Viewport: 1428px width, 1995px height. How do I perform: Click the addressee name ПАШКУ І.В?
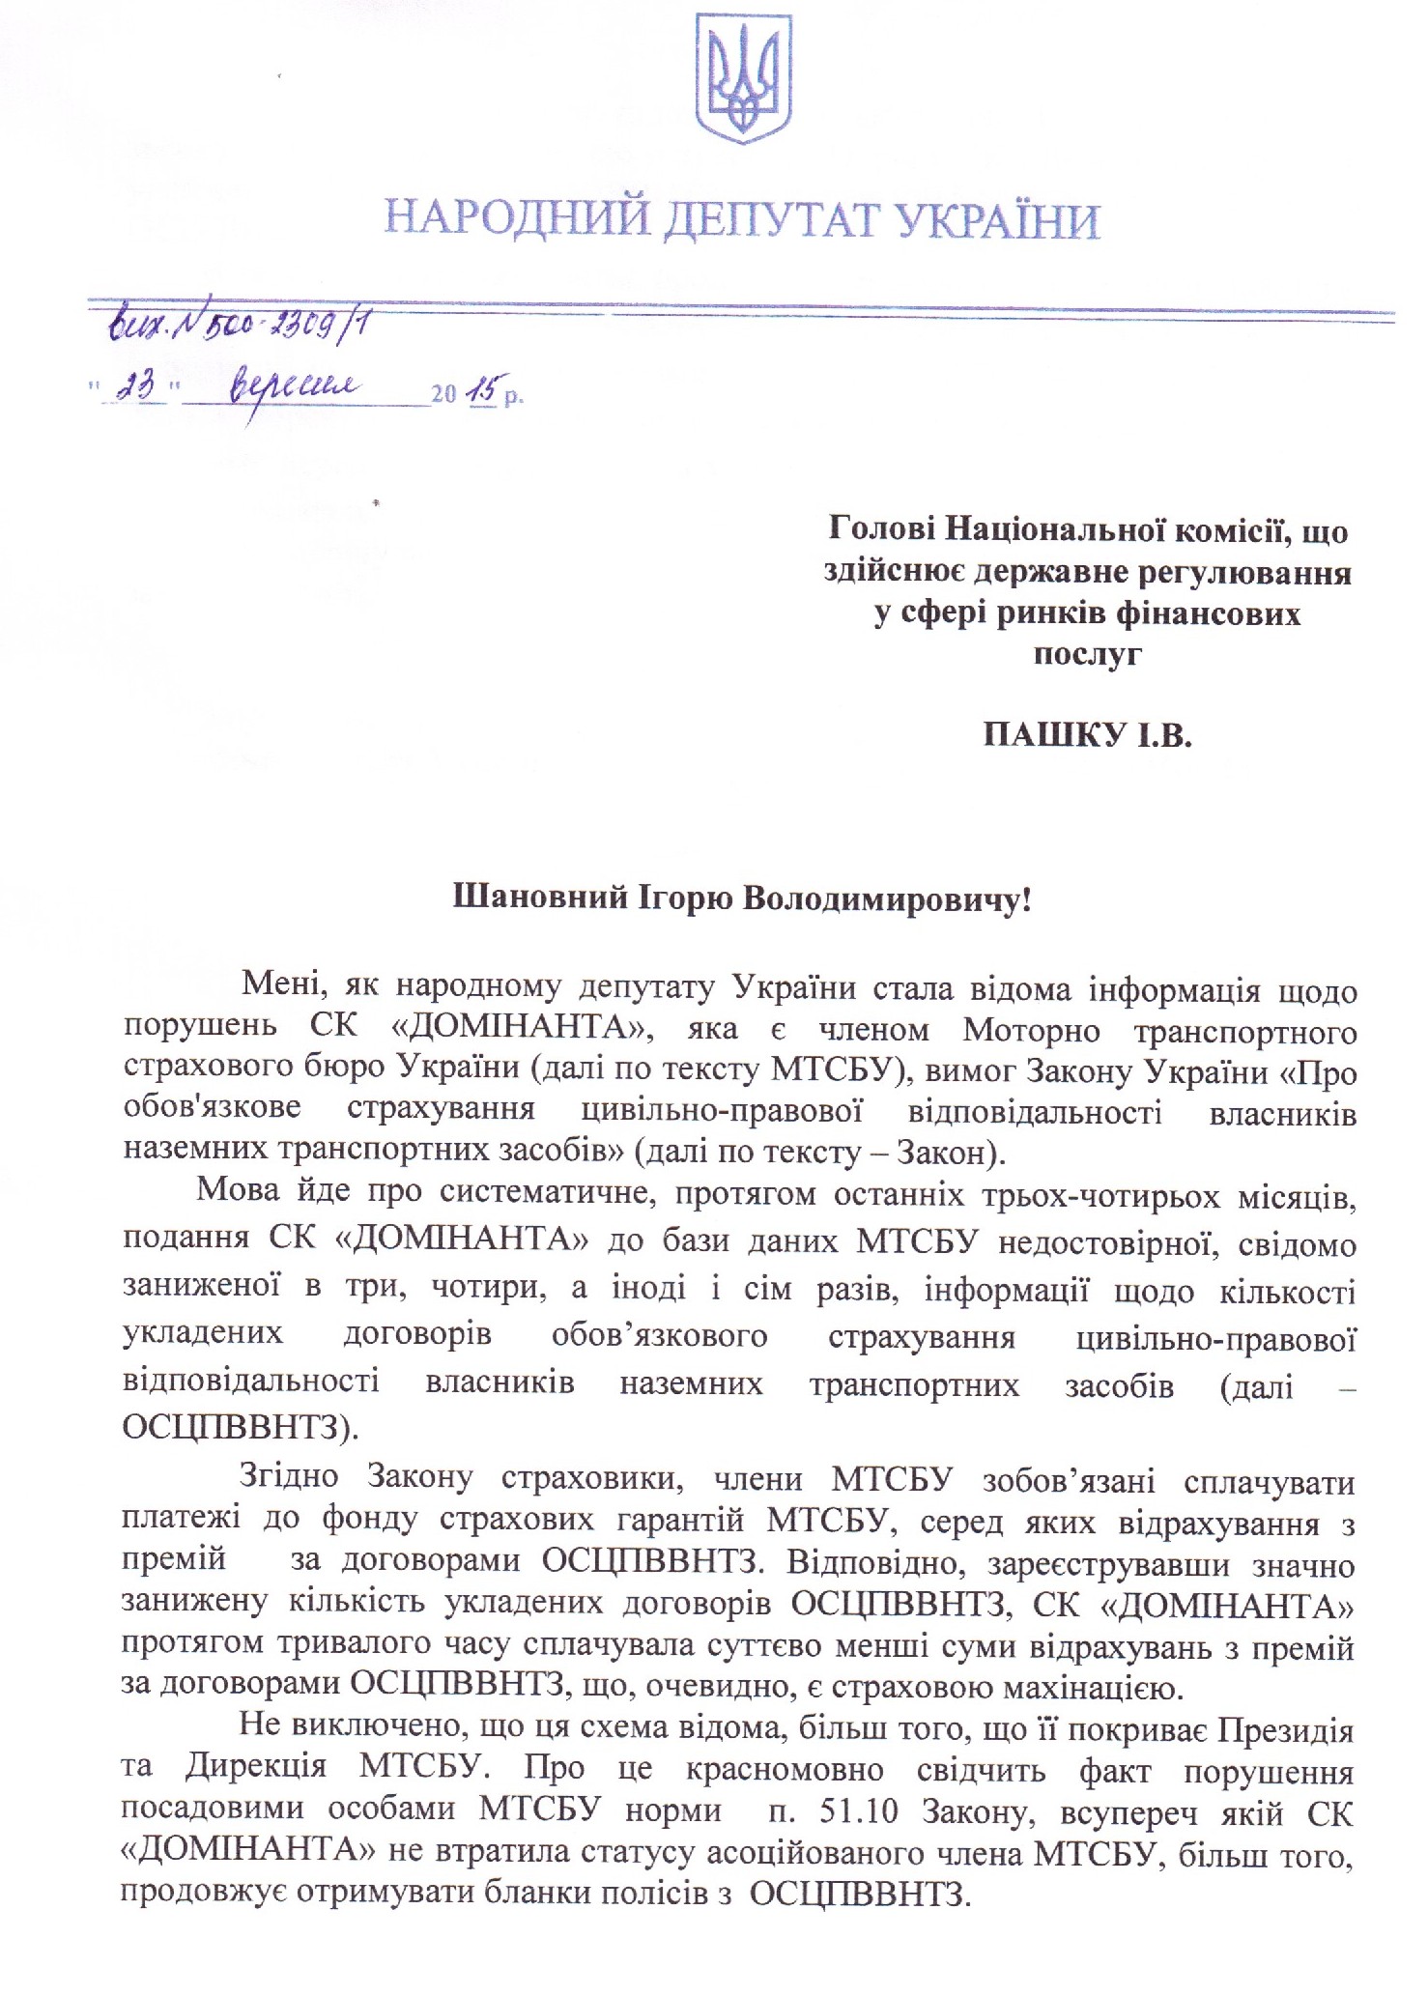point(1087,737)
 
